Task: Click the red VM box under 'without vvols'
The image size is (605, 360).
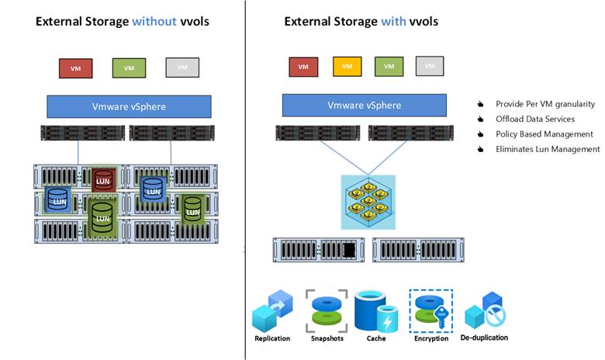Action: pyautogui.click(x=75, y=67)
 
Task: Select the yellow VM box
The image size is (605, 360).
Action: pyautogui.click(x=347, y=67)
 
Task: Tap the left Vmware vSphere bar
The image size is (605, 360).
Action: pyautogui.click(x=129, y=106)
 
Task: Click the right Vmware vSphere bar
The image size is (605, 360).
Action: pyautogui.click(x=365, y=106)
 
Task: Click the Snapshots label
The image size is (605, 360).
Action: pyautogui.click(x=327, y=338)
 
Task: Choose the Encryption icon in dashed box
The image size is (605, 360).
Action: pyautogui.click(x=430, y=310)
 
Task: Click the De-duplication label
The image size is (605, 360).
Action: pyautogui.click(x=486, y=337)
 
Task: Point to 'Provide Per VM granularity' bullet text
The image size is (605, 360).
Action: pyautogui.click(x=545, y=104)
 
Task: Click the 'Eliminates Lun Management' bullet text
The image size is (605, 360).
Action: pyautogui.click(x=548, y=149)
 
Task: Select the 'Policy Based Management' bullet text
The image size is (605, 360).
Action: pyautogui.click(x=544, y=134)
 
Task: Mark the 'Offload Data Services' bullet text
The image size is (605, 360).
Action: pyautogui.click(x=535, y=119)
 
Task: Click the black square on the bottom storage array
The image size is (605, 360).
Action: pyautogui.click(x=349, y=250)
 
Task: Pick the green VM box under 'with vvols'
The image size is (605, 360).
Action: pyautogui.click(x=388, y=67)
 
